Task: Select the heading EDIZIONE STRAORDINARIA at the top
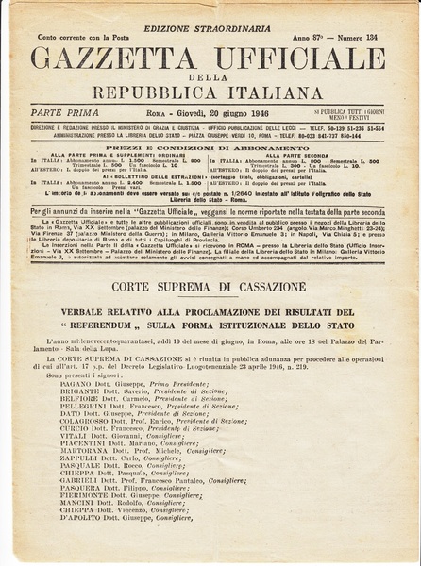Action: (210, 9)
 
